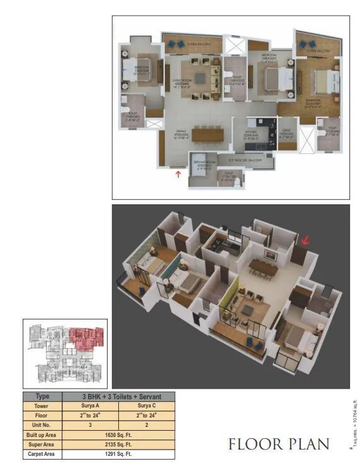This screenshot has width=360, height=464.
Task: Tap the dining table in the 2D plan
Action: tap(208, 134)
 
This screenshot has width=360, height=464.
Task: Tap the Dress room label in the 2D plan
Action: tap(287, 135)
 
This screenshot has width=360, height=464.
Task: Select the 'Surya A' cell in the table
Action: tap(90, 406)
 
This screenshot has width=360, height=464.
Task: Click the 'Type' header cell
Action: tap(43, 397)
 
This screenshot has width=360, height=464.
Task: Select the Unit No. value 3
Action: tap(90, 425)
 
